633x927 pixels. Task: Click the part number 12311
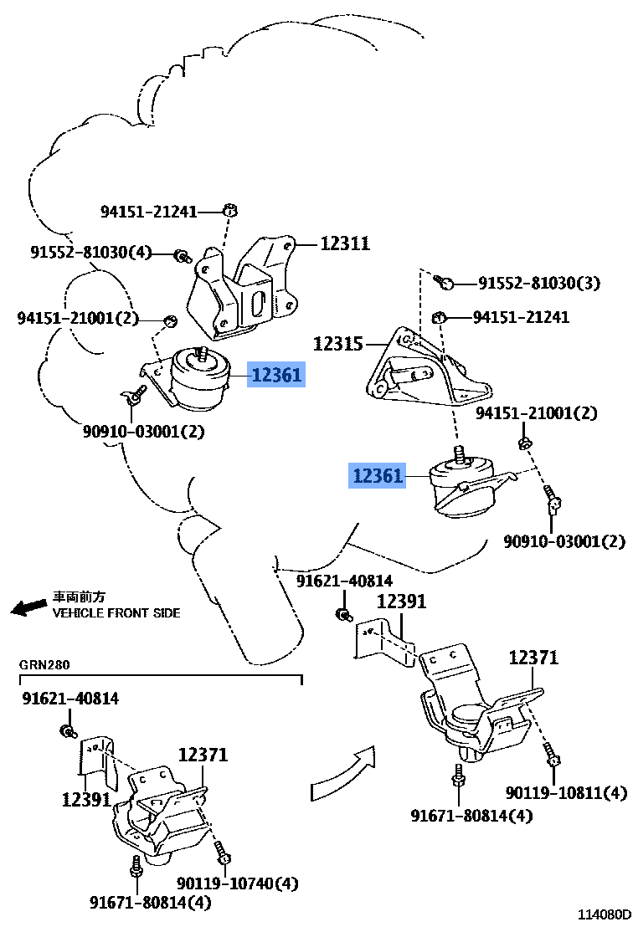pos(345,243)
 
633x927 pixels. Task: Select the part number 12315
pos(338,343)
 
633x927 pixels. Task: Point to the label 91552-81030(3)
pos(539,283)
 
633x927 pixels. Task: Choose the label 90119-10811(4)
pos(565,792)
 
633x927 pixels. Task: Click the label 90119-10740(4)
pos(237,883)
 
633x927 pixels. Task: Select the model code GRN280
pos(45,665)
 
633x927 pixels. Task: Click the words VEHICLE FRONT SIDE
pos(116,612)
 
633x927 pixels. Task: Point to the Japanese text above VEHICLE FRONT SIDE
pos(80,597)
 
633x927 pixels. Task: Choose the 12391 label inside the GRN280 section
pos(86,799)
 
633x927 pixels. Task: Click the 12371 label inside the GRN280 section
pos(203,755)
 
